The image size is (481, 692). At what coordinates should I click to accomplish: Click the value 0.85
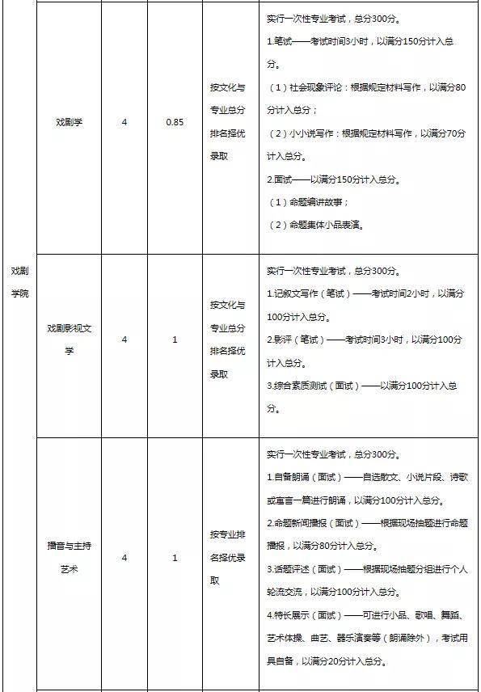pyautogui.click(x=175, y=122)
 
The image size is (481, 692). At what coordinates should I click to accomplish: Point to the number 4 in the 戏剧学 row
pyautogui.click(x=124, y=122)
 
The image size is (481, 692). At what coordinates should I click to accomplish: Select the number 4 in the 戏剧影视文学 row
pyautogui.click(x=124, y=340)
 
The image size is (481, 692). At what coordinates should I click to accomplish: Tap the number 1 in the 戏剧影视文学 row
pyautogui.click(x=175, y=340)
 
